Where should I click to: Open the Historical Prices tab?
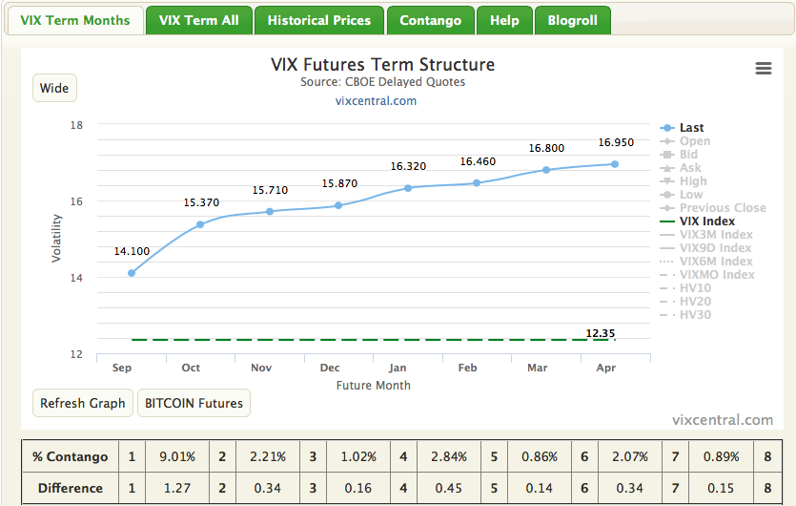318,20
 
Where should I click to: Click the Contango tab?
430,20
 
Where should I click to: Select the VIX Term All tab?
198,20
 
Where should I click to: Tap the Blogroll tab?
572,20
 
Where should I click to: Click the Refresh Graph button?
82,403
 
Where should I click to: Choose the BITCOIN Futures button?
194,403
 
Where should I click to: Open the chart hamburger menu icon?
763,68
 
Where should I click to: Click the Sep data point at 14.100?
132,273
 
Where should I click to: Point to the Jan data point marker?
408,188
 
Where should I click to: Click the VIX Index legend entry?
706,221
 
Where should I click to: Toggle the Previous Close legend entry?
723,208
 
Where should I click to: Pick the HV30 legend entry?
695,315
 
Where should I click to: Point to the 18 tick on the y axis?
77,125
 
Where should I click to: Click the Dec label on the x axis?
330,368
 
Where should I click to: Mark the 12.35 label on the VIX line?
601,333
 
